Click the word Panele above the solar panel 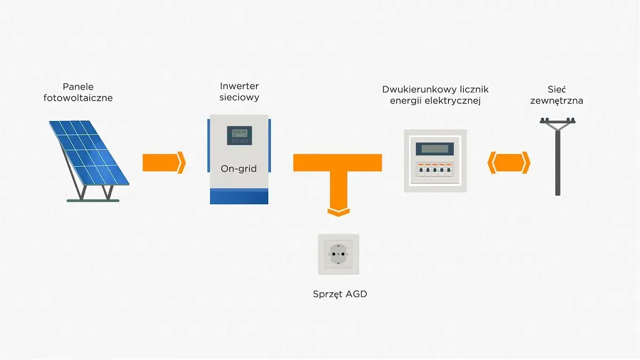(78, 86)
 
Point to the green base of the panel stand (93, 201)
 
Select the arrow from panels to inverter (163, 163)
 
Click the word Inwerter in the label (239, 86)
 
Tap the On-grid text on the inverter (238, 169)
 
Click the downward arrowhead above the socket (338, 211)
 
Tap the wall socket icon (338, 254)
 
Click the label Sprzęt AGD (340, 294)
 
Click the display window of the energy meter (435, 149)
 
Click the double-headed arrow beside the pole (509, 163)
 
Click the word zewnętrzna (557, 101)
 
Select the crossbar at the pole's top (557, 123)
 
